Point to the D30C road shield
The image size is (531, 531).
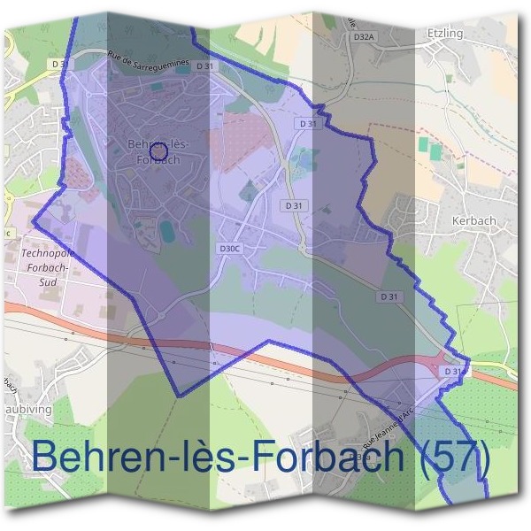point(229,249)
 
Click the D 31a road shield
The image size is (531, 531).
point(452,372)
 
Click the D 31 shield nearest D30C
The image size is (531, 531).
point(294,204)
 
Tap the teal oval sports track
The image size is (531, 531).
point(166,233)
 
